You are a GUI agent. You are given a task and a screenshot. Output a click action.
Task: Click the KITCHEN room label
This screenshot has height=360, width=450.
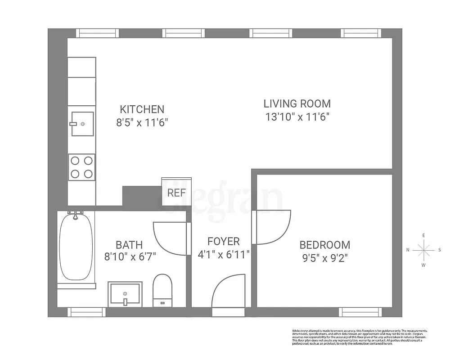[142, 109]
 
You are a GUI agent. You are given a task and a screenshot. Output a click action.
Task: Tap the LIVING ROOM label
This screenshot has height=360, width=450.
[297, 103]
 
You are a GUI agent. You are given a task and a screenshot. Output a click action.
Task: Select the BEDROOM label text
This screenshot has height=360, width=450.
[324, 245]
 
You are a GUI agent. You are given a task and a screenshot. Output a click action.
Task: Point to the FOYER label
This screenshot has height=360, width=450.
[224, 242]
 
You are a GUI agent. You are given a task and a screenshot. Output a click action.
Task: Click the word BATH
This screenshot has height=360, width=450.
[129, 245]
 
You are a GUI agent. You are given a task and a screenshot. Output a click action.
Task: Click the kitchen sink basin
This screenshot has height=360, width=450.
[82, 123]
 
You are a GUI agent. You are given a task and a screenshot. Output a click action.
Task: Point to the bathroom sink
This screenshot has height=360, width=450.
[125, 293]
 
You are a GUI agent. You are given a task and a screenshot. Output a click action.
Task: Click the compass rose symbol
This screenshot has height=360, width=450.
[423, 250]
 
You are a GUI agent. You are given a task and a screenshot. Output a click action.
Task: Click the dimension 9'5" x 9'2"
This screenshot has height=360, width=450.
[324, 258]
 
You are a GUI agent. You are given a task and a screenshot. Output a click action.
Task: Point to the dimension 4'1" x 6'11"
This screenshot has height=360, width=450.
[224, 255]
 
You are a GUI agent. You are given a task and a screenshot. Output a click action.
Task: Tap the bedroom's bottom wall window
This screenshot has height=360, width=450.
[360, 312]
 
